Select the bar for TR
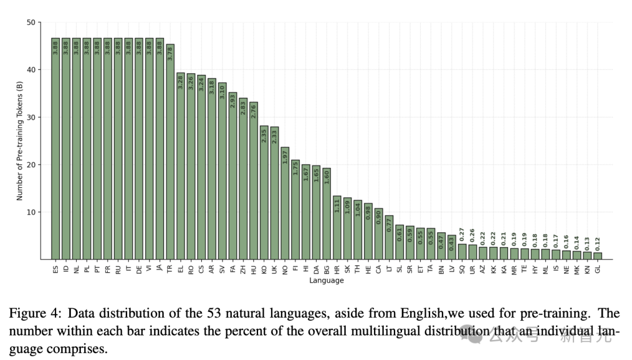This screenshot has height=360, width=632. coord(170,152)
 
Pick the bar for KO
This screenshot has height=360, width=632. coord(264,193)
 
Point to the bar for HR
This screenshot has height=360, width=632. coord(337,228)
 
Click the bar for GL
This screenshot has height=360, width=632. coord(597,256)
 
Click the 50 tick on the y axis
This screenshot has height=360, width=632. coord(30,22)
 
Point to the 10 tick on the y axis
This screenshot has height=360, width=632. coord(30,212)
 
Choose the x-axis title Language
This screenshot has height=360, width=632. coord(327,280)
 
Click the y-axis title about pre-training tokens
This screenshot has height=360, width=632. coord(20,141)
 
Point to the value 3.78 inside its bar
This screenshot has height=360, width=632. coord(170,53)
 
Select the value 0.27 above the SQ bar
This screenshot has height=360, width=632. coord(462,234)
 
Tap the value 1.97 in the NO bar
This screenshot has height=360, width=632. coord(285,157)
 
